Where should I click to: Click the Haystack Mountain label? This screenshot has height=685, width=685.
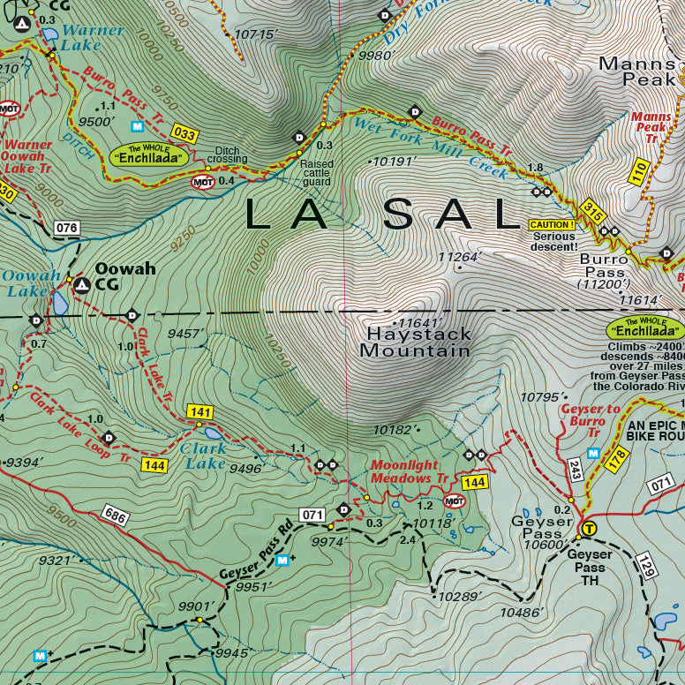click(415, 342)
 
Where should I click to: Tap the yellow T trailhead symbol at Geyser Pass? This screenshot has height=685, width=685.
click(588, 529)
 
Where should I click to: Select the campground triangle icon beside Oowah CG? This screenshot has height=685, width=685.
click(81, 285)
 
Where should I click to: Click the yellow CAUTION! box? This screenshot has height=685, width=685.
click(552, 225)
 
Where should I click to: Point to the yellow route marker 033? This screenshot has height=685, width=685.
click(184, 134)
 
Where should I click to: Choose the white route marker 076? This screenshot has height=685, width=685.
click(67, 229)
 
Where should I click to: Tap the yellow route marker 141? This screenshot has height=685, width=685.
click(200, 412)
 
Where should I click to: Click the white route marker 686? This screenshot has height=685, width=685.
click(115, 516)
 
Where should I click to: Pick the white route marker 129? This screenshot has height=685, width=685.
click(645, 565)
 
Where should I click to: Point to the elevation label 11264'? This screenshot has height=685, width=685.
click(459, 258)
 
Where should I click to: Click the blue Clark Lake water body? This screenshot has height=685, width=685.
click(213, 433)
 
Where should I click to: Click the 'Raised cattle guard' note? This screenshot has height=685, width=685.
click(317, 172)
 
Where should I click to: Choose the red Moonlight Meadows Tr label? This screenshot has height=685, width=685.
click(409, 471)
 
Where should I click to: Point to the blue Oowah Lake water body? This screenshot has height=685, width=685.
click(59, 303)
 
